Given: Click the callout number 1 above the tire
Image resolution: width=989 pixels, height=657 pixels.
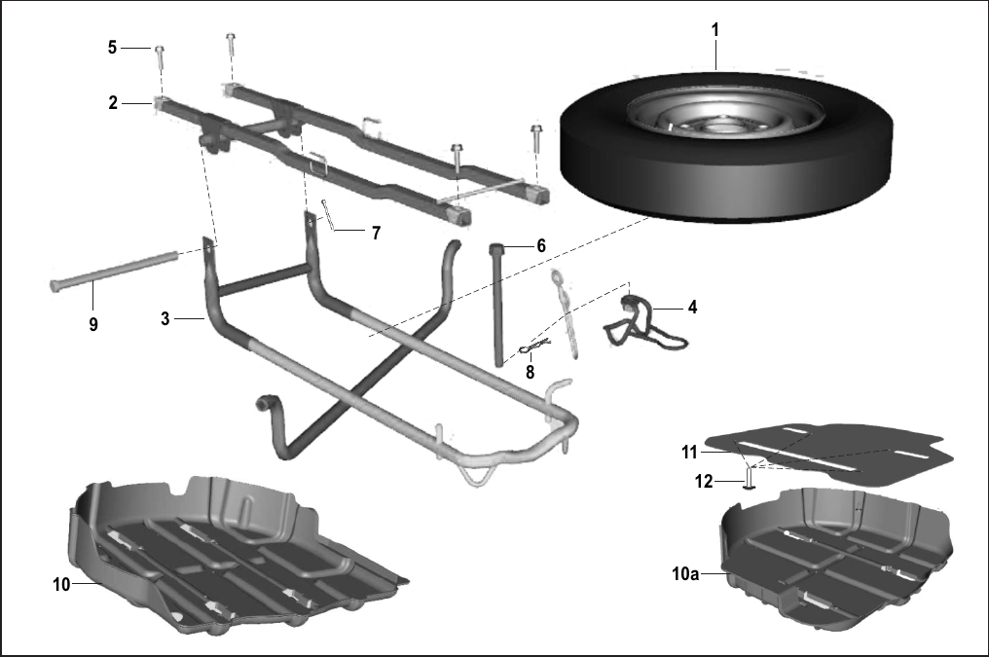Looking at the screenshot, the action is coord(714,29).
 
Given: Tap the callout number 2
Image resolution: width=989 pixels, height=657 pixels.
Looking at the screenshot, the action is coord(113,103).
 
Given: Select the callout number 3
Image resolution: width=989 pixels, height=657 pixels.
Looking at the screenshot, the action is coord(165,319).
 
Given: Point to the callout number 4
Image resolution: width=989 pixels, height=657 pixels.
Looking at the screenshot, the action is coord(692,308).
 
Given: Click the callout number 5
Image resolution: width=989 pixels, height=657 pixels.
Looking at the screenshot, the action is coord(112,48).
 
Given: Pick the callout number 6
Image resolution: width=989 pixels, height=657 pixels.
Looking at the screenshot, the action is coord(541,246).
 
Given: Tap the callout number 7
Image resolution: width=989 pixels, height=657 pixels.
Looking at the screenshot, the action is coord(376,234).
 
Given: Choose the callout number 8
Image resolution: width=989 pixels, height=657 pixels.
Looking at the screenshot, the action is coord(530,373).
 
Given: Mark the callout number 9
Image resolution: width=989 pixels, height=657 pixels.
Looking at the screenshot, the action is coord(93,325).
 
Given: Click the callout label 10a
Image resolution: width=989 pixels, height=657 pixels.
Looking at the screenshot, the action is coord(685,573).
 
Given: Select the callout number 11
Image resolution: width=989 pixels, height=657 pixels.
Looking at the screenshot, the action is coord(689,453).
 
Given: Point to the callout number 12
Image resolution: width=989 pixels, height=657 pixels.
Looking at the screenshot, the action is coord(703,482).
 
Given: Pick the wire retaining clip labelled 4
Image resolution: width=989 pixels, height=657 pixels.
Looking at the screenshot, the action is coord(643,322).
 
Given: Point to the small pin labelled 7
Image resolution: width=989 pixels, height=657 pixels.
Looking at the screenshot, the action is coord(328,214).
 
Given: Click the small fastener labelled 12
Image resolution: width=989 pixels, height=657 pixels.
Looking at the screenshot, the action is coord(750,477).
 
